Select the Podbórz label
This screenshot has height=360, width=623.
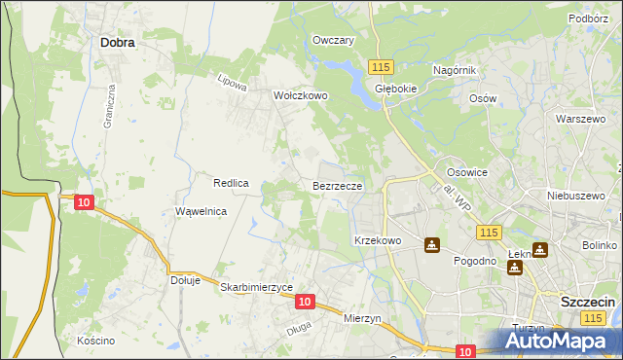tap(588, 17)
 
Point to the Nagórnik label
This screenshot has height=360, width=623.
tap(454, 70)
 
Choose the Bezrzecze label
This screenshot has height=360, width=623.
tap(338, 185)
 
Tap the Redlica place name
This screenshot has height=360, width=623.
tap(232, 182)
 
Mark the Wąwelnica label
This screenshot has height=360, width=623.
tap(201, 211)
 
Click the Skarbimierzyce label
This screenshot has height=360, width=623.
tap(257, 287)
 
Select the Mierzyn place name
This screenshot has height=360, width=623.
tap(367, 317)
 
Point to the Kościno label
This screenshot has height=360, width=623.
tap(95, 341)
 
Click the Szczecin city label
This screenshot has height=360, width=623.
tap(588, 303)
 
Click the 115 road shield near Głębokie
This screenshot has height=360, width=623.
tap(381, 65)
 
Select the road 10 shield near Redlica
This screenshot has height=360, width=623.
tap(84, 201)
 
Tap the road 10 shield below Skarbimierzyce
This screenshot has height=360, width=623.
tap(305, 303)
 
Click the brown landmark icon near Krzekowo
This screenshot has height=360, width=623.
tap(431, 245)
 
